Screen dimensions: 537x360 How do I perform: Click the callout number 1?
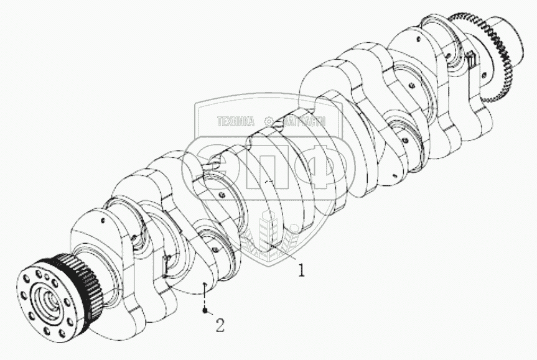tap(302, 270)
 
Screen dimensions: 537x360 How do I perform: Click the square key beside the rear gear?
tap(470, 59)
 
